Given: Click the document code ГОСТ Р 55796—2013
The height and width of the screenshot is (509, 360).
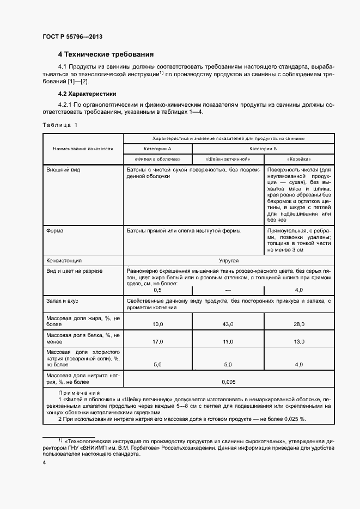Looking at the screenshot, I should click(72, 36).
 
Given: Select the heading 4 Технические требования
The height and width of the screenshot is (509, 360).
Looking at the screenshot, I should click(106, 54).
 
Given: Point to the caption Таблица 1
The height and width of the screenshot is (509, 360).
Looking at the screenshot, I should click(60, 125).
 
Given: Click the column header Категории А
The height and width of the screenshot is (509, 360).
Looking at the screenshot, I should click(157, 148).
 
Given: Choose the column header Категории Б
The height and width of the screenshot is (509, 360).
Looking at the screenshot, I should click(264, 148).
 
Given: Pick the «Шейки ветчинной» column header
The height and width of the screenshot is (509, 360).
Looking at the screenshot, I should click(228, 159).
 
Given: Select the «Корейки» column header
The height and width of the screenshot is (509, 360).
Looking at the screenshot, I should click(299, 159).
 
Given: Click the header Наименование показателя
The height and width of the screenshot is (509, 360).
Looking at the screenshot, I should click(83, 148).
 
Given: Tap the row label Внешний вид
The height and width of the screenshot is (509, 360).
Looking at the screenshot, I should click(63, 170).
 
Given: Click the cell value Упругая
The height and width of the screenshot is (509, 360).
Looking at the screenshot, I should click(229, 260).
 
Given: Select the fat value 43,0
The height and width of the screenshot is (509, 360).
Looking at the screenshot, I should click(228, 324).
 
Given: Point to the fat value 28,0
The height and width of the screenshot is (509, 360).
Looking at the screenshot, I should click(299, 324).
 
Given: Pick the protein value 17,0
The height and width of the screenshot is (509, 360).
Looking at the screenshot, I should click(157, 342).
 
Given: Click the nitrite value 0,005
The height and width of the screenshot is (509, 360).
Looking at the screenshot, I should click(229, 382).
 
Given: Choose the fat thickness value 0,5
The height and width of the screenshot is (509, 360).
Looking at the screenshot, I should click(157, 290).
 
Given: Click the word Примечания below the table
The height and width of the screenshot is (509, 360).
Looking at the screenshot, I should click(79, 393).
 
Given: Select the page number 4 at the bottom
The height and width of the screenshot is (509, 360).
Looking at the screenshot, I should click(44, 462).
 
